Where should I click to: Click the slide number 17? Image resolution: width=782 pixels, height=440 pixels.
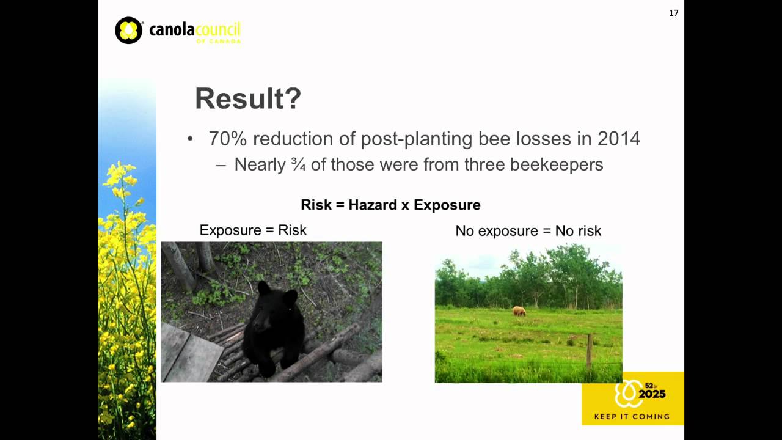(673, 13)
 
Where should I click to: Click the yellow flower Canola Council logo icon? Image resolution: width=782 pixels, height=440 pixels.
(128, 31)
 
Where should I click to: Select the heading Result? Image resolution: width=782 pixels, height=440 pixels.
(247, 99)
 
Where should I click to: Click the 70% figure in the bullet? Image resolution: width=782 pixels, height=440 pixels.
(227, 139)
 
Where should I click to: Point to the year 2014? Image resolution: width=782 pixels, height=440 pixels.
(618, 139)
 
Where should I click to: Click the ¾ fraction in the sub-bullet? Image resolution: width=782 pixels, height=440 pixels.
(298, 165)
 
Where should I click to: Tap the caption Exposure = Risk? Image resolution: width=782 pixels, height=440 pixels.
(253, 230)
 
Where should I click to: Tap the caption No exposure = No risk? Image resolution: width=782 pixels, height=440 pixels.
(528, 231)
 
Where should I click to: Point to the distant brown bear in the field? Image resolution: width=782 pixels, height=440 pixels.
(519, 311)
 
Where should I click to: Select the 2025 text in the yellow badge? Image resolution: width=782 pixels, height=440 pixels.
(652, 394)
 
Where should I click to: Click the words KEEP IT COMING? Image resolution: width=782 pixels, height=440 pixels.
(632, 417)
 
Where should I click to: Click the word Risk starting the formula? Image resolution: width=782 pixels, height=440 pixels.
(316, 205)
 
